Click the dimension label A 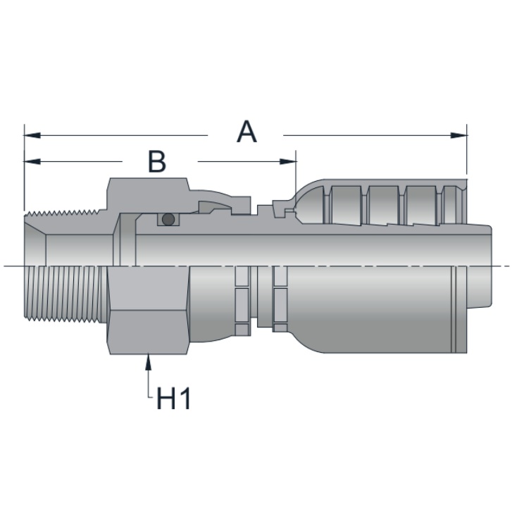(x=246, y=132)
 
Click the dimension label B (x=157, y=161)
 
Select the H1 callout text (x=173, y=398)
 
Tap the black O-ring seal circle (x=168, y=219)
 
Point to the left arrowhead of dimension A (x=32, y=135)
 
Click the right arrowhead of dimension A (x=458, y=135)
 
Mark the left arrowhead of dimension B (x=32, y=161)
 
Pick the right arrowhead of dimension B (x=288, y=161)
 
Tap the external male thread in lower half (x=65, y=294)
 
